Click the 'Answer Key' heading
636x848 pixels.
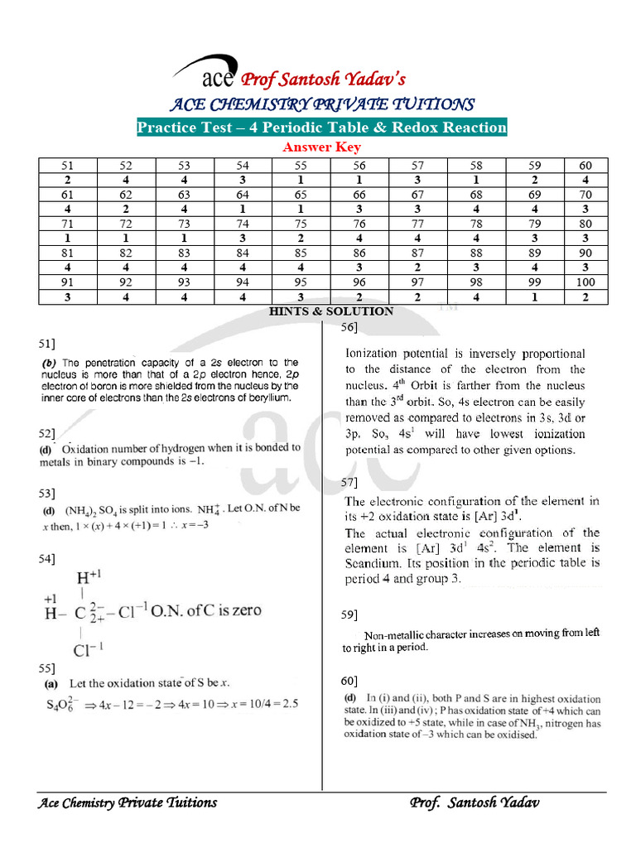point(322,147)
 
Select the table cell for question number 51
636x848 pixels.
point(68,166)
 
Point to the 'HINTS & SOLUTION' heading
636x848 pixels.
point(331,311)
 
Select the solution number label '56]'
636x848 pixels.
point(349,329)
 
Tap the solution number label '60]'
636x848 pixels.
point(349,681)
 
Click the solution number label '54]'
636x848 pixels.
point(46,561)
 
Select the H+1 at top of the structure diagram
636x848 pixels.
point(88,578)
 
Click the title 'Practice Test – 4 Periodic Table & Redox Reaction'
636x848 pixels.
point(321,127)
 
